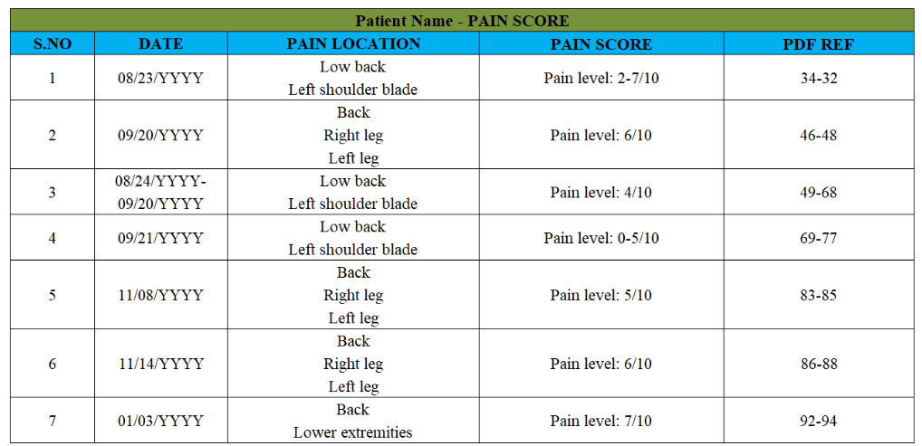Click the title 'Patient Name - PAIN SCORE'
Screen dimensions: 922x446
click(x=462, y=21)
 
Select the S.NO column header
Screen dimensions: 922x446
click(x=53, y=44)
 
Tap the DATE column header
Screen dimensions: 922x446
click(x=160, y=44)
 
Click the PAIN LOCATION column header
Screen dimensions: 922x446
click(x=353, y=44)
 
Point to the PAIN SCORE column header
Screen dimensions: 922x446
click(x=601, y=44)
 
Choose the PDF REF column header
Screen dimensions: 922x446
click(x=819, y=44)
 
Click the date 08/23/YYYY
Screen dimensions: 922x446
click(x=160, y=78)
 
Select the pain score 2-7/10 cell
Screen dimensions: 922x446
click(x=601, y=78)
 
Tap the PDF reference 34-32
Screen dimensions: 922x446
click(x=819, y=78)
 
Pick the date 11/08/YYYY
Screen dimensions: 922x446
click(x=160, y=295)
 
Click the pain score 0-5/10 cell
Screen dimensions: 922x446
click(x=601, y=238)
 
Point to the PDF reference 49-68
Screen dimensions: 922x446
click(x=819, y=193)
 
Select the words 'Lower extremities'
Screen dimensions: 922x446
click(x=353, y=433)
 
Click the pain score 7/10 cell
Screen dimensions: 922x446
click(x=601, y=422)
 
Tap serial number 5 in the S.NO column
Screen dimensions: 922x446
click(x=53, y=295)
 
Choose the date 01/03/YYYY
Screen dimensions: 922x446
click(x=160, y=422)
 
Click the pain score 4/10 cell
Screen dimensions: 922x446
click(x=601, y=193)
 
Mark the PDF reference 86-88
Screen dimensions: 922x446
click(x=819, y=364)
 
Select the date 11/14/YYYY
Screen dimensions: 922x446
click(x=160, y=364)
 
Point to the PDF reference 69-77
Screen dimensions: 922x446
click(x=819, y=238)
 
